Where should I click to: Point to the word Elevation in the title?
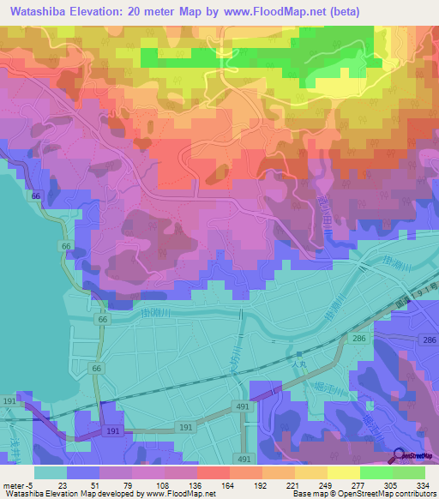pos(107,11)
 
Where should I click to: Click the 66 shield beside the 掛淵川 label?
pos(103,319)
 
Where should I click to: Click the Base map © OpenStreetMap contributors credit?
pos(362,494)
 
